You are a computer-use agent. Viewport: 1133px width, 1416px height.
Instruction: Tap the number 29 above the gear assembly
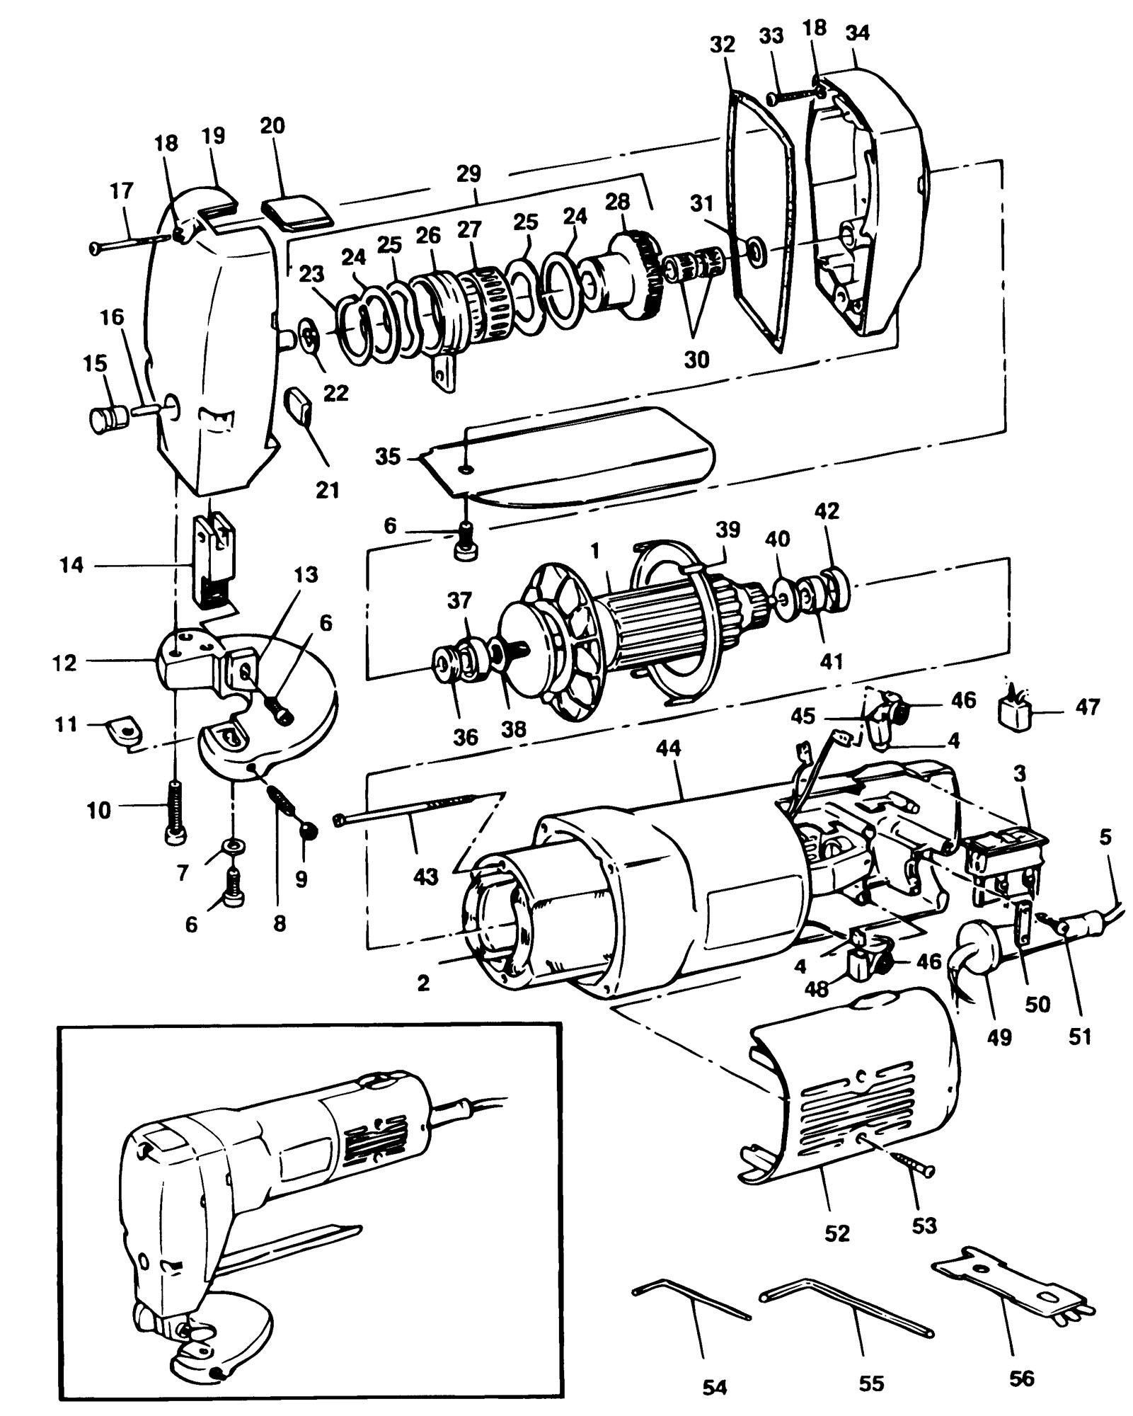pyautogui.click(x=469, y=173)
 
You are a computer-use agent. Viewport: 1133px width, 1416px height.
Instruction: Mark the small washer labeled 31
pyautogui.click(x=757, y=249)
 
